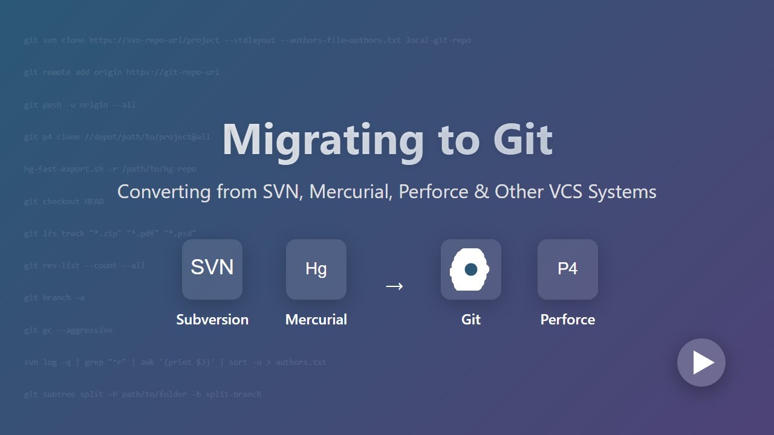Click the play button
pos(701,362)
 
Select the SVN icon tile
pos(212,269)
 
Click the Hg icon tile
pos(316,269)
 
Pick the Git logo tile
pos(471,269)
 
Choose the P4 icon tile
pos(568,269)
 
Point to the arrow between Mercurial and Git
pos(394,286)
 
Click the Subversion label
pos(212,320)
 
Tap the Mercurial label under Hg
pos(316,320)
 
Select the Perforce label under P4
pos(568,320)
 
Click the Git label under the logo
pos(471,320)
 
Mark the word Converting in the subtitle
pos(155,192)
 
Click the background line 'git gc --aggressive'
pos(68,330)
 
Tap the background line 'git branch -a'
pos(54,298)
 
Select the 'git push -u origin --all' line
pos(80,105)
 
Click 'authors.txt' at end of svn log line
pos(301,362)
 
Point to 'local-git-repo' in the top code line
pos(438,40)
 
